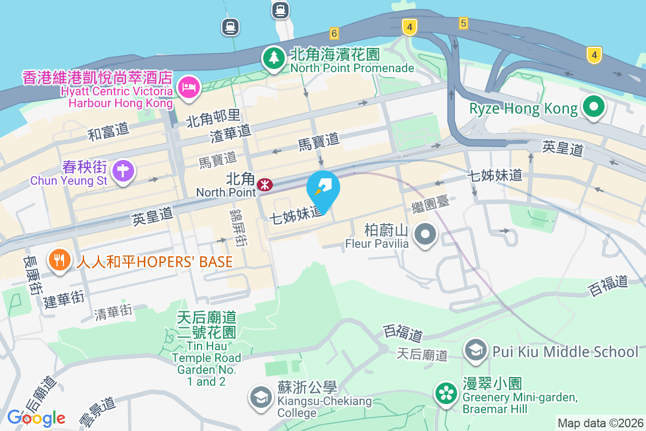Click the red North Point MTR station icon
(264, 185)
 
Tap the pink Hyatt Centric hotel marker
(188, 86)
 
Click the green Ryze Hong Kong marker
(593, 107)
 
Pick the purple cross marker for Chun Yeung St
(123, 171)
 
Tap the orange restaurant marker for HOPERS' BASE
(60, 261)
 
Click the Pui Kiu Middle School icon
(475, 350)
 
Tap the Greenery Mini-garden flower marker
(446, 393)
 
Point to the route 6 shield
(334, 33)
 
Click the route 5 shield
(464, 23)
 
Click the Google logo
(37, 418)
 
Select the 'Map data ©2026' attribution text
(600, 423)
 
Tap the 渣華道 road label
(230, 131)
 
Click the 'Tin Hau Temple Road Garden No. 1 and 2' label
(207, 350)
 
